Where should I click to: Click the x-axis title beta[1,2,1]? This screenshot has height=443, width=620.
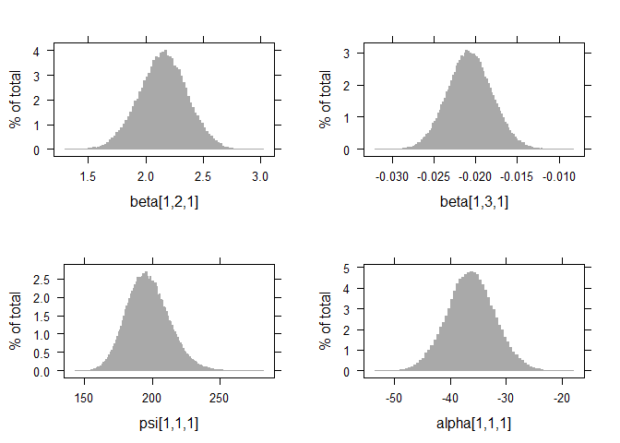tap(164, 201)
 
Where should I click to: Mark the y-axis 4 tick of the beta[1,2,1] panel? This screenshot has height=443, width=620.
tap(36, 52)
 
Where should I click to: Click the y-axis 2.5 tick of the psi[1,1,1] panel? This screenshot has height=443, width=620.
tap(30, 279)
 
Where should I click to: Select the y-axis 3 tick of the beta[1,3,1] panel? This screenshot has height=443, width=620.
tap(346, 53)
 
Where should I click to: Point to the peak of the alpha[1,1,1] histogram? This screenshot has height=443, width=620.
tap(472, 273)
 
